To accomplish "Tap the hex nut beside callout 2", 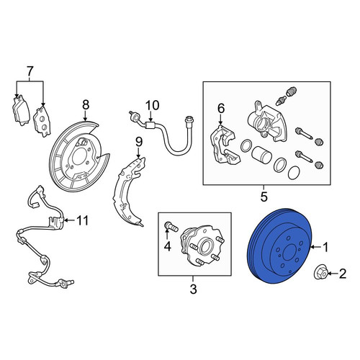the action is pyautogui.click(x=320, y=274).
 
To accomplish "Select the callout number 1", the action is pyautogui.click(x=325, y=247).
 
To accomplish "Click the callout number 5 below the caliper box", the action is pyautogui.click(x=264, y=197).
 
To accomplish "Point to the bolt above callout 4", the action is pyautogui.click(x=171, y=227).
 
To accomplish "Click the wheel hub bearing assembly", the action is pyautogui.click(x=201, y=246).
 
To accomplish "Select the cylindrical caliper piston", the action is pyautogui.click(x=261, y=156).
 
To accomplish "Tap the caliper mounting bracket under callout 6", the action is pyautogui.click(x=225, y=145).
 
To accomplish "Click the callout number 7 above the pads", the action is pyautogui.click(x=30, y=71).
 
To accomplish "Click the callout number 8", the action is pyautogui.click(x=86, y=105).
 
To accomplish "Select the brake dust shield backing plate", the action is pyautogui.click(x=78, y=156).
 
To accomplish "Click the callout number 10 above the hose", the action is pyautogui.click(x=152, y=105).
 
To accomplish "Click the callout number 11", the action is pyautogui.click(x=82, y=220).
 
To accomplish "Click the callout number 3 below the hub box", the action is pyautogui.click(x=193, y=289).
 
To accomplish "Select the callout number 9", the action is pyautogui.click(x=139, y=142).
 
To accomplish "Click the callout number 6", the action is pyautogui.click(x=221, y=109).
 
